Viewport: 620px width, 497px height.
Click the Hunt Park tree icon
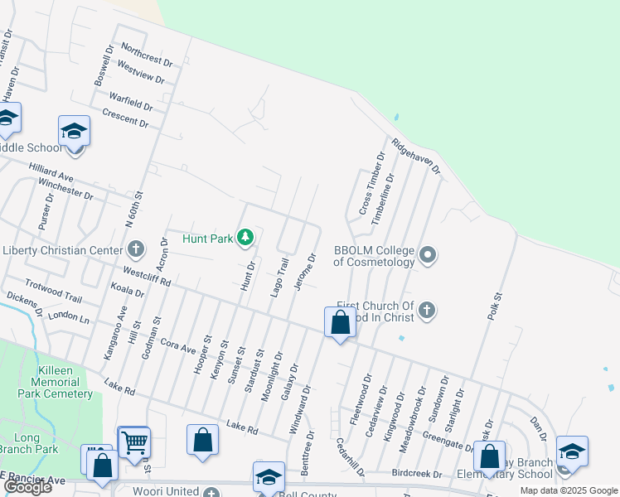[x=245, y=239]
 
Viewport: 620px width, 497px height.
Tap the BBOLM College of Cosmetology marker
[x=427, y=254]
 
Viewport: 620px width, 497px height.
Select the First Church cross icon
[x=426, y=311]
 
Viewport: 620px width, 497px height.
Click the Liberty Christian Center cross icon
[x=137, y=249]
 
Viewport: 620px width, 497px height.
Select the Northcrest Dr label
[x=146, y=55]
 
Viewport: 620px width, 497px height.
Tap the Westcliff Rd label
[x=146, y=276]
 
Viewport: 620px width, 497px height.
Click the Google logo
[x=28, y=487]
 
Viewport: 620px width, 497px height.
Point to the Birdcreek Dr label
[x=416, y=474]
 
